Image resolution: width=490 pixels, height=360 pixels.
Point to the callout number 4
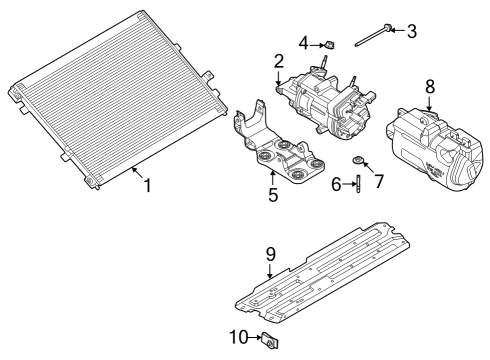click(x=303, y=42)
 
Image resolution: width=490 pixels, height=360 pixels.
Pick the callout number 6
click(x=336, y=183)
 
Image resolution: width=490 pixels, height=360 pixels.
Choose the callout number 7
click(x=378, y=181)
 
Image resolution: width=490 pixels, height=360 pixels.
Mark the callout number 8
click(x=430, y=86)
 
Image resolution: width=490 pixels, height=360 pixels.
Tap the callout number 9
click(x=269, y=254)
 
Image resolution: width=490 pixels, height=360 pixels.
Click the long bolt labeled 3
click(x=372, y=36)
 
